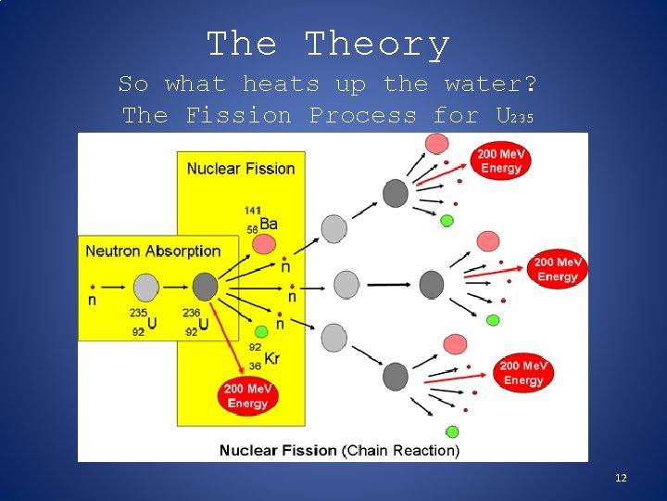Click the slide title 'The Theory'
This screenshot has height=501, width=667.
328,44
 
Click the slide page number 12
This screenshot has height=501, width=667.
621,478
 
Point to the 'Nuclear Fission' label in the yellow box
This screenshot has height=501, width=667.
241,168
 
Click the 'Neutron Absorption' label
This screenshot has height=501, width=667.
153,250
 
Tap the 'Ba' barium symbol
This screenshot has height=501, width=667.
269,224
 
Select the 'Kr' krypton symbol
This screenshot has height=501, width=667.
272,359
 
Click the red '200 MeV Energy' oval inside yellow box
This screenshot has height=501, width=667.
247,396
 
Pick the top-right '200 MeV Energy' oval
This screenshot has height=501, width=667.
500,160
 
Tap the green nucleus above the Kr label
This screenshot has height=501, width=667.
262,331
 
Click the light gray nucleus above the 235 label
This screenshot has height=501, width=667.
145,287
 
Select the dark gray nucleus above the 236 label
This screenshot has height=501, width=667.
205,287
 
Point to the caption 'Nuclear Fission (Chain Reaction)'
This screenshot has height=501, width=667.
339,451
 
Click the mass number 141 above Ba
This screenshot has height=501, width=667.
253,211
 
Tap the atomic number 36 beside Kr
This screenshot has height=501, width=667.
254,366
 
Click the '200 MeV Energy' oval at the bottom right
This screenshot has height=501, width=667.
524,373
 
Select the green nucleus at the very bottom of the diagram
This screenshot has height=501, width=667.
452,431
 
